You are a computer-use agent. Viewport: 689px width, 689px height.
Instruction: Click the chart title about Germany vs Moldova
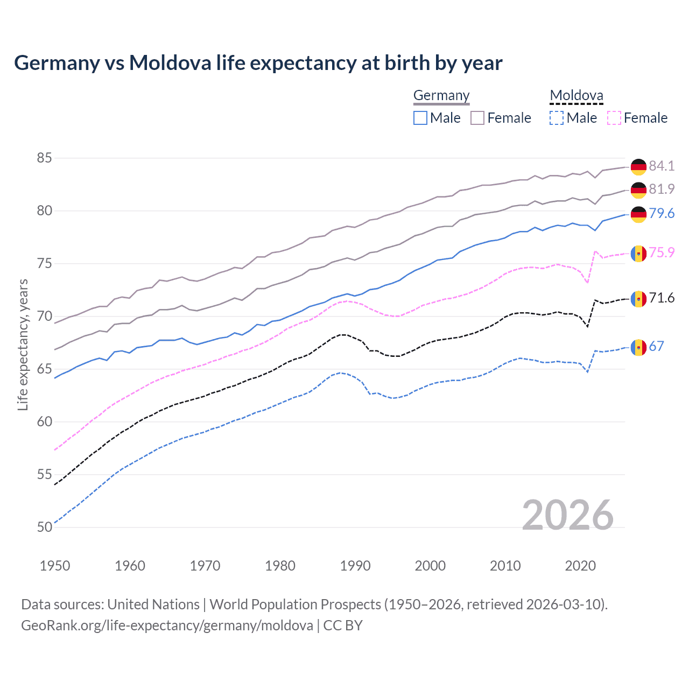pyautogui.click(x=258, y=63)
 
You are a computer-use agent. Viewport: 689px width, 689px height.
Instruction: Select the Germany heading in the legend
pyautogui.click(x=441, y=95)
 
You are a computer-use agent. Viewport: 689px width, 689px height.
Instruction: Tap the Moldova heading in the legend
pyautogui.click(x=576, y=95)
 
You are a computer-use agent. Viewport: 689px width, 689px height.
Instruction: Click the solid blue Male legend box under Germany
pyautogui.click(x=420, y=118)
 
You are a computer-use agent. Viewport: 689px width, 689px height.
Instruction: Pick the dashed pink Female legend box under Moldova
pyautogui.click(x=614, y=118)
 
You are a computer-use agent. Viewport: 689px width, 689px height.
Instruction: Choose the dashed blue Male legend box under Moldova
pyautogui.click(x=557, y=118)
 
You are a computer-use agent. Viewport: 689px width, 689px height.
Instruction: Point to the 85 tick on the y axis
pyautogui.click(x=45, y=158)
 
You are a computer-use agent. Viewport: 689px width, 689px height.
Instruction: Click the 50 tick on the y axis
pyautogui.click(x=45, y=527)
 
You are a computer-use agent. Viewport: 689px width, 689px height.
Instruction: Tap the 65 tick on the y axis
pyautogui.click(x=45, y=369)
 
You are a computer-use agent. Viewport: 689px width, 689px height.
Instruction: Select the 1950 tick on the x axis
pyautogui.click(x=55, y=566)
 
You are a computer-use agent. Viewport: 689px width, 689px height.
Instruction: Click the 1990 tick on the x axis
pyautogui.click(x=355, y=566)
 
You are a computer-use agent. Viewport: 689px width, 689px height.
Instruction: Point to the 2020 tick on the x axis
pyautogui.click(x=580, y=566)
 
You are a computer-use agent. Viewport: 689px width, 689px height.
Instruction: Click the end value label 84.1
pyautogui.click(x=662, y=166)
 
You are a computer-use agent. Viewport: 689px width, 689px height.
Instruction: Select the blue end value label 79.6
pyautogui.click(x=662, y=213)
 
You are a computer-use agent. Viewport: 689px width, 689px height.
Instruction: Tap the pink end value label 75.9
pyautogui.click(x=662, y=252)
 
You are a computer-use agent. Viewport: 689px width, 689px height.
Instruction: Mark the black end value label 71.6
pyautogui.click(x=662, y=298)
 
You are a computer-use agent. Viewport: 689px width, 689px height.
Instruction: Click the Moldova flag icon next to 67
pyautogui.click(x=638, y=347)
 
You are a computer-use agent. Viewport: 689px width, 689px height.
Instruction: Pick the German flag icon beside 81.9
pyautogui.click(x=638, y=190)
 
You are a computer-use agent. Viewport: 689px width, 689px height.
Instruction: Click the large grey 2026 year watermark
pyautogui.click(x=568, y=515)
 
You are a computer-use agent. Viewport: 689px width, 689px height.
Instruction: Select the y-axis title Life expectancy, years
pyautogui.click(x=23, y=344)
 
